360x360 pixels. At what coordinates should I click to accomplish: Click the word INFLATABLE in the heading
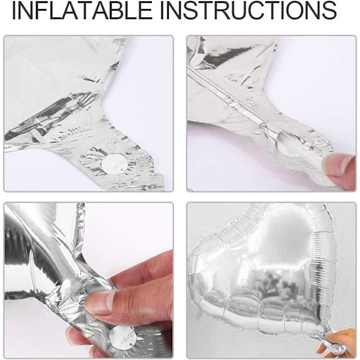82,11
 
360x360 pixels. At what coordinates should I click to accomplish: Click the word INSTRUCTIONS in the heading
248,11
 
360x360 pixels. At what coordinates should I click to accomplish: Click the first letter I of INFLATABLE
14,11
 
